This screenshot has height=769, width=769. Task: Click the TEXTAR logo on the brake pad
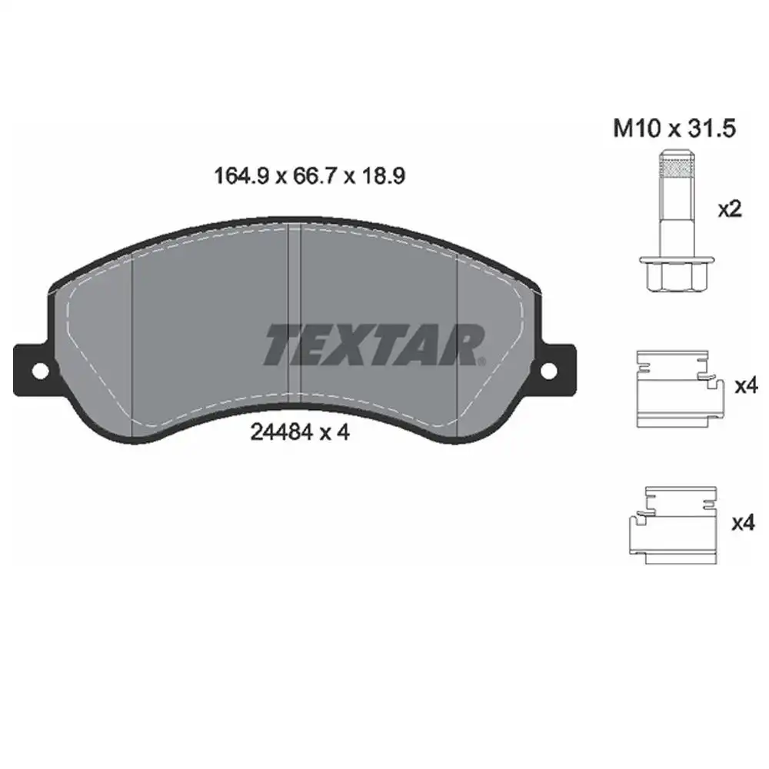[374, 345]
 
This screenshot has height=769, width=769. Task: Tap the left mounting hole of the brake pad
[40, 371]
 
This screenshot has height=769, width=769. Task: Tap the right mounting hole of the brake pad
[549, 371]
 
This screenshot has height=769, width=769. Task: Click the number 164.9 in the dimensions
[241, 175]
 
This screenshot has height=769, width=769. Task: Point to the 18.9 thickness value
[384, 175]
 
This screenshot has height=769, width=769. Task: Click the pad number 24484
[281, 432]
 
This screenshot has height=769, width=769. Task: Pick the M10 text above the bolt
[637, 128]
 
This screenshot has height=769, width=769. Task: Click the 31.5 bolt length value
[712, 128]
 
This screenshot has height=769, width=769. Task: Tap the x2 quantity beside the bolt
[729, 209]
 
